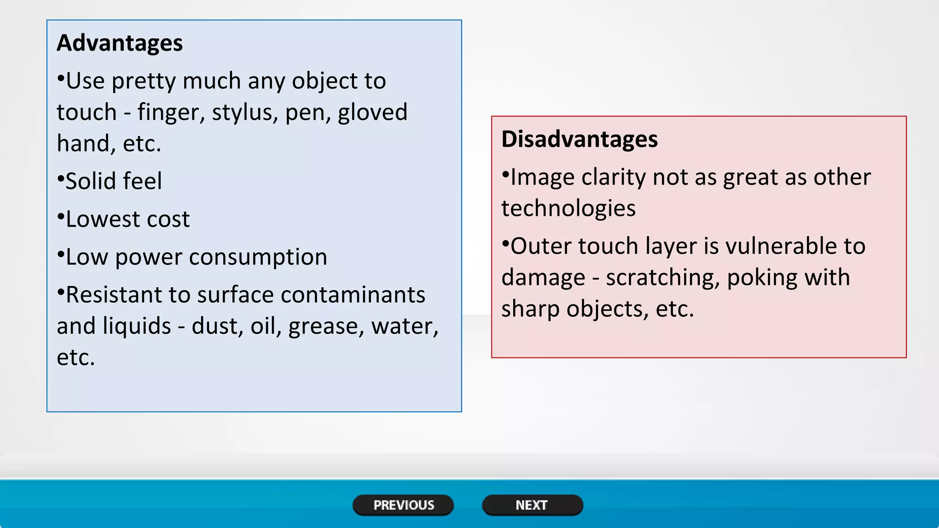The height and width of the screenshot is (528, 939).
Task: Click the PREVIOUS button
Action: pos(403,505)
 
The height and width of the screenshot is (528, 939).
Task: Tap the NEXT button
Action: pos(532,505)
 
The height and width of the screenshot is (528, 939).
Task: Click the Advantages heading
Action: pos(120,43)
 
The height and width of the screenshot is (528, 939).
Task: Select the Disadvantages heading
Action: pos(580,139)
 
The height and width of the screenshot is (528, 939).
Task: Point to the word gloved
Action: pos(372,113)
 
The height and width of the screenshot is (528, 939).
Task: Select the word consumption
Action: pos(258,257)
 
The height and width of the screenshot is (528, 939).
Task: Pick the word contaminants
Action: pos(353,295)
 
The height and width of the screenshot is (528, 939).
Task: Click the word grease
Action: pos(326,326)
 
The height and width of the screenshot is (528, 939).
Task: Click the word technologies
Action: pos(569,209)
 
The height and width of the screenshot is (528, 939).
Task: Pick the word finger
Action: pos(171,113)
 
